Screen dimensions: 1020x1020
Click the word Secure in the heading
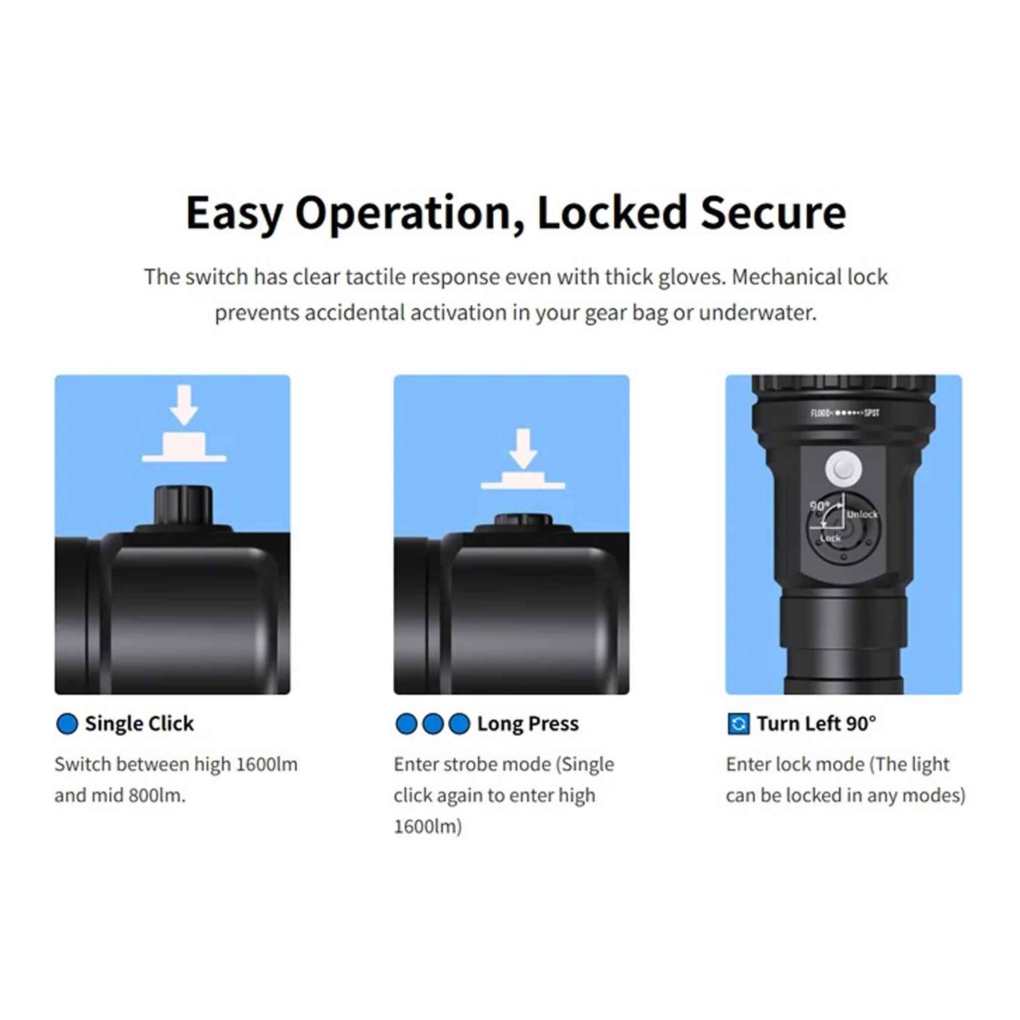coord(773,213)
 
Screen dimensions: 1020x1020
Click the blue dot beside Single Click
coord(67,724)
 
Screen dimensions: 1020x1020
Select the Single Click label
coord(139,724)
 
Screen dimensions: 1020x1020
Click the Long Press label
coord(528,724)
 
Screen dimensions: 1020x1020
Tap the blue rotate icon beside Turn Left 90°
coord(738,724)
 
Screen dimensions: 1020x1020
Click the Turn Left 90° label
coord(816,724)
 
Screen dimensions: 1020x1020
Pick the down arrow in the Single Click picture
coord(184,405)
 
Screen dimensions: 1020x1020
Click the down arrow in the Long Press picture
coord(522,449)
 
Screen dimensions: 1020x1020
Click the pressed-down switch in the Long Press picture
coord(523,520)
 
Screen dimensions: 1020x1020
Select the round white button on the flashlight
coord(844,468)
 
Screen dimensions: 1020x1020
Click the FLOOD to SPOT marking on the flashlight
coord(845,413)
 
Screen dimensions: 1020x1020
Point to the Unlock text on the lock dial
coord(862,514)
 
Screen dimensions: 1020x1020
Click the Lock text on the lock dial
coord(830,538)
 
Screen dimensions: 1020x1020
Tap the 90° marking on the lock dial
coord(819,506)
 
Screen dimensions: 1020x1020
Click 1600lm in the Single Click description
coord(266,765)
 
